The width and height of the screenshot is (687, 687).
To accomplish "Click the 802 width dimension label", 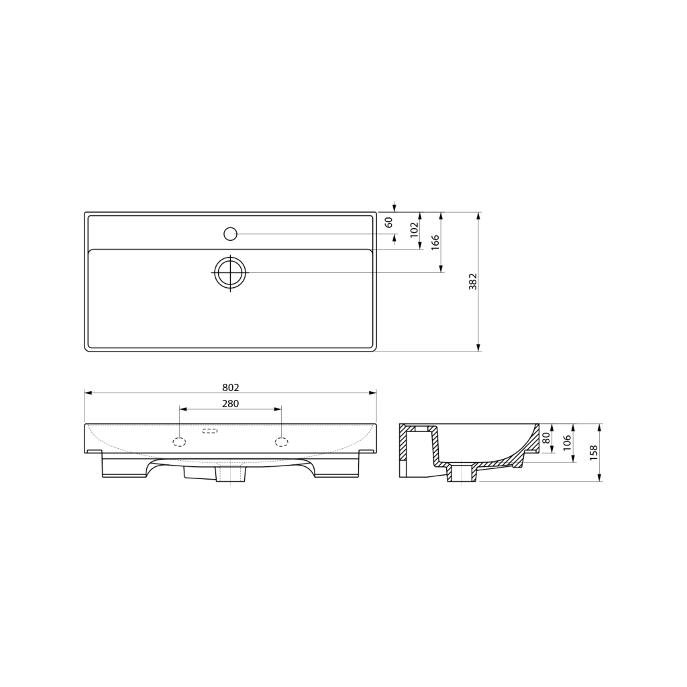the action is pos(231,388).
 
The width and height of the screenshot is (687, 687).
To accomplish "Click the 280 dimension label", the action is pos(231,403).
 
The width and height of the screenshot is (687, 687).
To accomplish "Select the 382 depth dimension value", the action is pos(472,282).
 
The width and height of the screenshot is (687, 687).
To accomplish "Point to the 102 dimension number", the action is pos(415,229).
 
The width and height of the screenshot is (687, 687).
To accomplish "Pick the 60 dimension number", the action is pos(388,222).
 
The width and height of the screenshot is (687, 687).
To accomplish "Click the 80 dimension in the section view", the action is pos(546,438).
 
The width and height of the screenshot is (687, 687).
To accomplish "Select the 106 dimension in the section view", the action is pos(567,443).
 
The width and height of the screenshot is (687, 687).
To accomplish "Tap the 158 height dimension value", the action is pos(594,454).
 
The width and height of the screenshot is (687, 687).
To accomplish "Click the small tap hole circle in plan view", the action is pos(230,234).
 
